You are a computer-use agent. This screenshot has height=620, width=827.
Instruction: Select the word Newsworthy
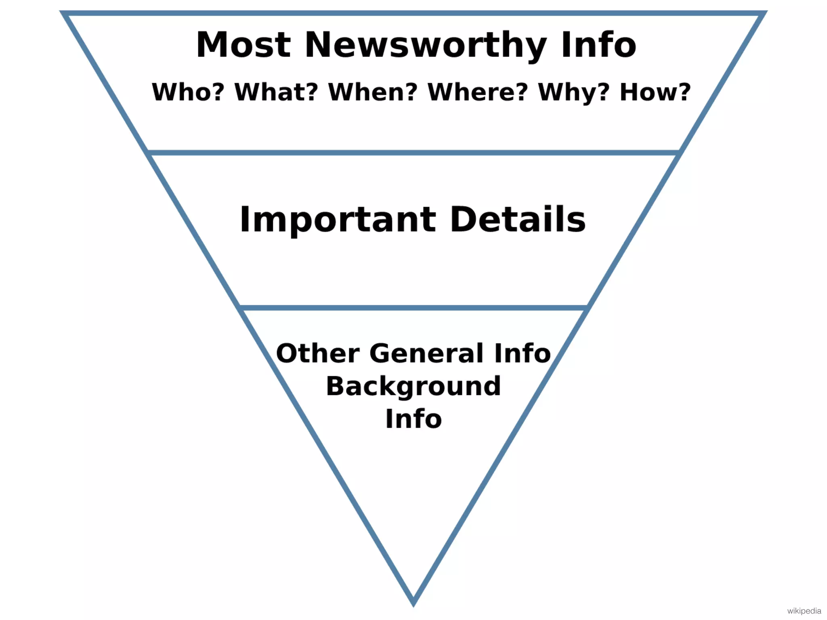(426, 45)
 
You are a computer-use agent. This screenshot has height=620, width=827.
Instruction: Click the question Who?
(188, 92)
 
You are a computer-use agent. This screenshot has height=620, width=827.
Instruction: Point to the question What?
(277, 92)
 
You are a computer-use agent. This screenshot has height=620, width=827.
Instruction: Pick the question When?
(373, 92)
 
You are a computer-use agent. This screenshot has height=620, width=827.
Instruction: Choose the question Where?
(478, 92)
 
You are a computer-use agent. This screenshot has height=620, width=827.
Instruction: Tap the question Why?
(574, 93)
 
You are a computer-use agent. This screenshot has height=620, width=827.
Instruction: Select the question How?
(655, 92)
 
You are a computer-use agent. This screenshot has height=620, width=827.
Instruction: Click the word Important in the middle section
(338, 220)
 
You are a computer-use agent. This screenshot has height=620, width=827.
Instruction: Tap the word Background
(413, 387)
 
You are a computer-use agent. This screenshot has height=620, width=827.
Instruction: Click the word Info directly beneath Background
(413, 419)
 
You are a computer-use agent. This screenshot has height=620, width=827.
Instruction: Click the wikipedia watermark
(804, 611)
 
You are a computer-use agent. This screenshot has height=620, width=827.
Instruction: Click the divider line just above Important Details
(413, 153)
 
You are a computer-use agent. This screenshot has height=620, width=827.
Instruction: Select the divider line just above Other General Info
(413, 308)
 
